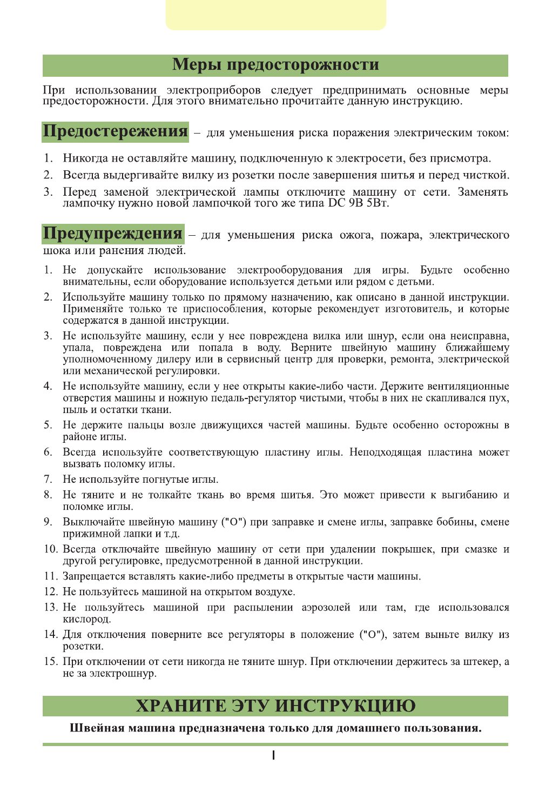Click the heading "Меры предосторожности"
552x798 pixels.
click(275, 65)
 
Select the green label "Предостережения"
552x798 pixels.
click(115, 132)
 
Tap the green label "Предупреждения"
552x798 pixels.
click(113, 234)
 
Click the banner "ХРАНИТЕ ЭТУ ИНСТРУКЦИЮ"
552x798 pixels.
click(275, 706)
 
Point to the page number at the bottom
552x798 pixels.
click(274, 755)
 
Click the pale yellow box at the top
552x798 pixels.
click(275, 15)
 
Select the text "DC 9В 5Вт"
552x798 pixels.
click(358, 204)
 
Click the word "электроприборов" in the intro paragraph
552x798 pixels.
click(213, 90)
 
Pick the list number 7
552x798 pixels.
click(48, 480)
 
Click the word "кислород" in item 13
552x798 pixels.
click(86, 619)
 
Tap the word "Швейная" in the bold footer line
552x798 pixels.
click(95, 728)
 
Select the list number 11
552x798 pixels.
click(50, 576)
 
